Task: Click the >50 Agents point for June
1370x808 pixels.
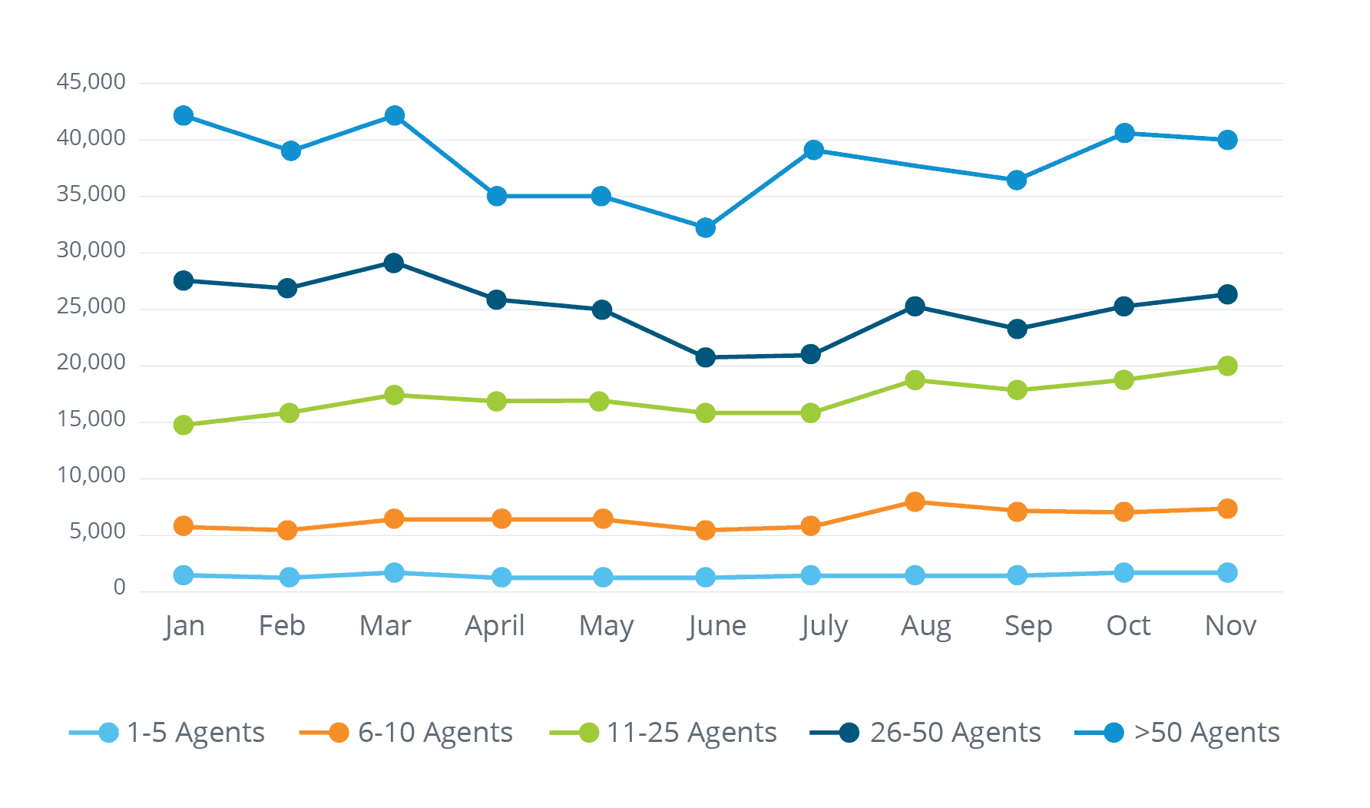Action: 705,228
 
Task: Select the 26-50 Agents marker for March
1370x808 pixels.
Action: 393,263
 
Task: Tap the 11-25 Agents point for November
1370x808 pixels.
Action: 1227,366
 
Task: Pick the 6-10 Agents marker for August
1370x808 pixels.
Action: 914,502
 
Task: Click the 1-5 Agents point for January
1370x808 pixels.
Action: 184,575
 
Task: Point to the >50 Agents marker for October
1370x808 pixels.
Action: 1124,134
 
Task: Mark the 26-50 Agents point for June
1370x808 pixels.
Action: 705,357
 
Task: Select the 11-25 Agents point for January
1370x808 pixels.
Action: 184,425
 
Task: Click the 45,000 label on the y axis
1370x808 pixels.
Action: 91,82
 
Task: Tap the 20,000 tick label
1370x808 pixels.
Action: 91,363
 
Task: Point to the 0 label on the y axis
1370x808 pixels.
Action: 119,588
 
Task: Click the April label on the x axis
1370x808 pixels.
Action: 495,626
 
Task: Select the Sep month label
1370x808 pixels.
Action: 1028,626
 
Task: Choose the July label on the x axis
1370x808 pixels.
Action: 823,626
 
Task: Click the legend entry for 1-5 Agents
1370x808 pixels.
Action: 167,733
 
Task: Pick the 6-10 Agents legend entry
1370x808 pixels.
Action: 407,733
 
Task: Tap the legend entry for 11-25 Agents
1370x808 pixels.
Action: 664,733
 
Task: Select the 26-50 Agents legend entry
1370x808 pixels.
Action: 926,733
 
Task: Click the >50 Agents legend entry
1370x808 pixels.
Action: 1178,733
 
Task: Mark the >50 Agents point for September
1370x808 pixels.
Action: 1017,180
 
